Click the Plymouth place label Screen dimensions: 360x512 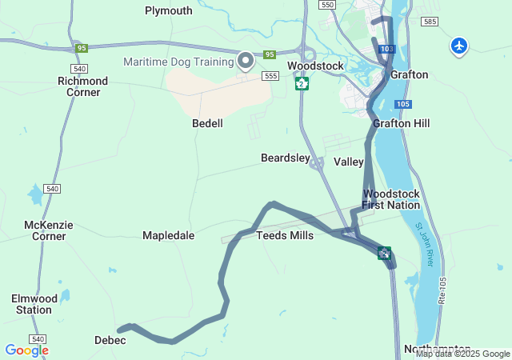(x=168, y=10)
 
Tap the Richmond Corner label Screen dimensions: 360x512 (x=83, y=86)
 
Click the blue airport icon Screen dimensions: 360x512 (x=459, y=46)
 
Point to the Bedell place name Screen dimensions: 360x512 (x=207, y=123)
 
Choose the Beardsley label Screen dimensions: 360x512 (x=285, y=158)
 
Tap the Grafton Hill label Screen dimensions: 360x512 (x=401, y=123)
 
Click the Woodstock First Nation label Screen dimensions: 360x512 (x=390, y=199)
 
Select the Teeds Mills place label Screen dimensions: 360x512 (x=285, y=235)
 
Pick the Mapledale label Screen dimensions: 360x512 (x=168, y=235)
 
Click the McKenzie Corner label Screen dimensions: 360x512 (x=49, y=230)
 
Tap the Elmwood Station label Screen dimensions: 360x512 (x=34, y=304)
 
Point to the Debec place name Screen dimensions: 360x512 (x=110, y=340)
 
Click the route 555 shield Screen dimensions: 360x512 (x=270, y=75)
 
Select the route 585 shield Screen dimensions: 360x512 (x=431, y=22)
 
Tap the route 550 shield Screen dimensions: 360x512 (x=326, y=5)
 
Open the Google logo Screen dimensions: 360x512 (x=26, y=350)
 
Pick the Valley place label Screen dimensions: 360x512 (x=348, y=162)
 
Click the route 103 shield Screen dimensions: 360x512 (x=387, y=50)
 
